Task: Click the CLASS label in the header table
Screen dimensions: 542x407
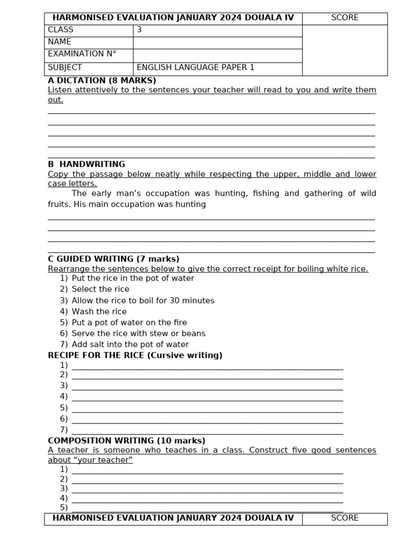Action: coord(61,30)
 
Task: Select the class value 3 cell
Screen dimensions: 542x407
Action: coord(139,30)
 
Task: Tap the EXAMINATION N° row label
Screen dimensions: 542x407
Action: coord(82,54)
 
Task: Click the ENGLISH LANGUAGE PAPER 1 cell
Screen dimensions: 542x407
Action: coord(196,67)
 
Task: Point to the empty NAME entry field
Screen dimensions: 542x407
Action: coord(217,42)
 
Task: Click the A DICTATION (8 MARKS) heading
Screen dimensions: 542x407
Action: coord(102,80)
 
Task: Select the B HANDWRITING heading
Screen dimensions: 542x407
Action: coord(86,164)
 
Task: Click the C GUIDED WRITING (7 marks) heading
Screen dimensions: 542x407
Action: coord(113,259)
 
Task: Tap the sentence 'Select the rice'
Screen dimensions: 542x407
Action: coord(100,289)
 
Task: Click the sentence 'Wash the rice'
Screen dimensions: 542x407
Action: coord(99,312)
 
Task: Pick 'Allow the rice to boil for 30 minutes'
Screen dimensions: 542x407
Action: coord(143,301)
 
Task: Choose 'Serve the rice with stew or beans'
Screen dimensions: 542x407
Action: coord(138,333)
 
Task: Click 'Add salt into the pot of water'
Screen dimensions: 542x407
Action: coord(130,345)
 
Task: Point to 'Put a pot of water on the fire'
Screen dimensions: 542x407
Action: coord(129,322)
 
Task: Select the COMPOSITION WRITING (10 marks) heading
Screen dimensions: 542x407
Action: coord(127,440)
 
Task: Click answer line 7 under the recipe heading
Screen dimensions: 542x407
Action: coord(207,431)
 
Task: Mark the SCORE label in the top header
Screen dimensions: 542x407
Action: coord(345,18)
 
